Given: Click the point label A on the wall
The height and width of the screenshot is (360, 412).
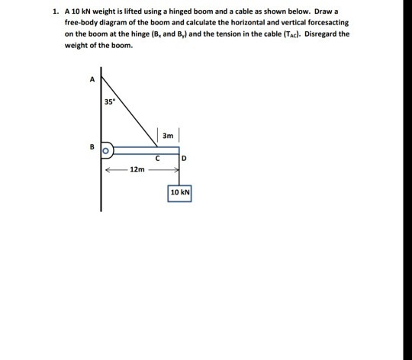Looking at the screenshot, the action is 92,79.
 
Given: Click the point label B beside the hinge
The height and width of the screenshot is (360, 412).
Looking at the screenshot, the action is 92,146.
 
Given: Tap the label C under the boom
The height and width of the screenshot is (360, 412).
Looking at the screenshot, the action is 157,159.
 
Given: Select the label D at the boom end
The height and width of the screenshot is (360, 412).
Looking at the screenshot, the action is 184,159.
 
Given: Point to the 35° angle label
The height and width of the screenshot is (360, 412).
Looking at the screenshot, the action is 110,101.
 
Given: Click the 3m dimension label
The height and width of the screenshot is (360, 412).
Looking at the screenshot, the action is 168,136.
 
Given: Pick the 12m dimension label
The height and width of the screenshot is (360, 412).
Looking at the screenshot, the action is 137,169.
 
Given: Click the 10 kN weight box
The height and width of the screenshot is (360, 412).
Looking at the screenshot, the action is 179,194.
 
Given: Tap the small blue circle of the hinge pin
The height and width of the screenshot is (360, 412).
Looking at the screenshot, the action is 105,151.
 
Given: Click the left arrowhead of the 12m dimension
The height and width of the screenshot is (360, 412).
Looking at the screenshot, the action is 108,170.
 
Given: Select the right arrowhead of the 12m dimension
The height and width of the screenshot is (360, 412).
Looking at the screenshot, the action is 177,170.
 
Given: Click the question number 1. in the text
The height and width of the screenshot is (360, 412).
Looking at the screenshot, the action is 55,11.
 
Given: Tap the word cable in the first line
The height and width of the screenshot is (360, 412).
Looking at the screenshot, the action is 243,11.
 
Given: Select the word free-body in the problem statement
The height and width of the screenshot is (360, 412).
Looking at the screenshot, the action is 81,23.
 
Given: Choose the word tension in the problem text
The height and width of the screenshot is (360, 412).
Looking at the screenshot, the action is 228,34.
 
